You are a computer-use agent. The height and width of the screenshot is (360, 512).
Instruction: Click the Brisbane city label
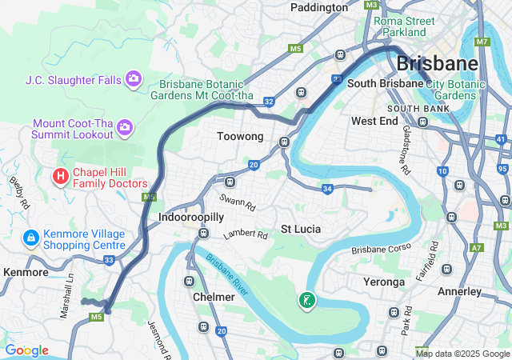(x=437, y=63)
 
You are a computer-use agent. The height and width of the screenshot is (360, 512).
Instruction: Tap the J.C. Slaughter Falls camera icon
(x=134, y=79)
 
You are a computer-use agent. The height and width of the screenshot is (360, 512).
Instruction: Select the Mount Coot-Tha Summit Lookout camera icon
(x=124, y=126)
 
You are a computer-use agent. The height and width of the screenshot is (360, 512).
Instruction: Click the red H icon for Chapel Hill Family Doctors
(x=59, y=175)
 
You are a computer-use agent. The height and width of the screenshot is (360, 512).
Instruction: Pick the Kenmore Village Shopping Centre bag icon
(x=31, y=238)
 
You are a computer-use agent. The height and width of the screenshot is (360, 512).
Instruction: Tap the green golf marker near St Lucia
(x=306, y=301)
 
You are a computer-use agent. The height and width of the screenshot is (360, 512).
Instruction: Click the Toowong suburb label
(x=240, y=137)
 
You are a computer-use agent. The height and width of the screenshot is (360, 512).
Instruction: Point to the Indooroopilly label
(x=185, y=217)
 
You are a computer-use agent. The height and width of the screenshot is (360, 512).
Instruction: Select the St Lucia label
(x=300, y=229)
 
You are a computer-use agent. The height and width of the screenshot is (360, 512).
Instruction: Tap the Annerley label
(x=460, y=292)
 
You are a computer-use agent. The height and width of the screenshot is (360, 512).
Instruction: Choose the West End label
(x=374, y=121)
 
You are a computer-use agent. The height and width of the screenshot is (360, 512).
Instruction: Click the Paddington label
(x=319, y=7)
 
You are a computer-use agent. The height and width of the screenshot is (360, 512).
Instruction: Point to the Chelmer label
(x=214, y=297)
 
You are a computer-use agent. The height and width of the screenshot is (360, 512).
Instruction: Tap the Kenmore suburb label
(x=26, y=272)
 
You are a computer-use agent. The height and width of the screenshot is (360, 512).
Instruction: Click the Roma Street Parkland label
(x=404, y=26)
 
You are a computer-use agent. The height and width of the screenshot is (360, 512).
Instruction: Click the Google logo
(x=27, y=350)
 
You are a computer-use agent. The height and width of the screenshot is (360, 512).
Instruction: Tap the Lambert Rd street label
(x=246, y=234)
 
